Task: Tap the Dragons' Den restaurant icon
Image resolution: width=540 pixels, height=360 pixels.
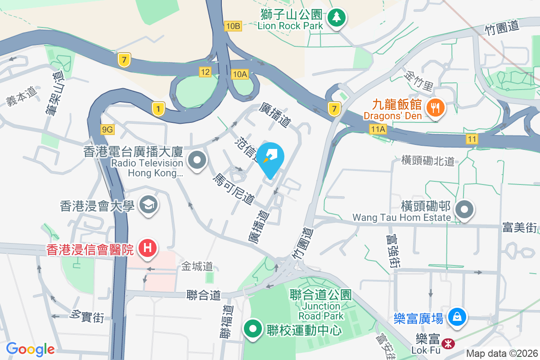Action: tap(435, 108)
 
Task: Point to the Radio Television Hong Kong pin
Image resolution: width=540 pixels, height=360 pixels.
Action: tap(197, 160)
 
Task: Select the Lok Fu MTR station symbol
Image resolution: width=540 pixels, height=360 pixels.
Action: tap(448, 344)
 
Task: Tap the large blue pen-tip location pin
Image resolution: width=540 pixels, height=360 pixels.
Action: tap(272, 158)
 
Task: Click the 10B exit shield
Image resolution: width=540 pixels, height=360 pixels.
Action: tap(234, 26)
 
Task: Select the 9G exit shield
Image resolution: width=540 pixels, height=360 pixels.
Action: tap(108, 130)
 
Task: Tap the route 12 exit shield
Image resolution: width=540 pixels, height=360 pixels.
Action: tap(205, 72)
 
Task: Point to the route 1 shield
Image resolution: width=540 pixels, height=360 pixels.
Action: tap(158, 108)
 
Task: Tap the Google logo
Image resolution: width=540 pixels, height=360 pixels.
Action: tap(30, 349)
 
